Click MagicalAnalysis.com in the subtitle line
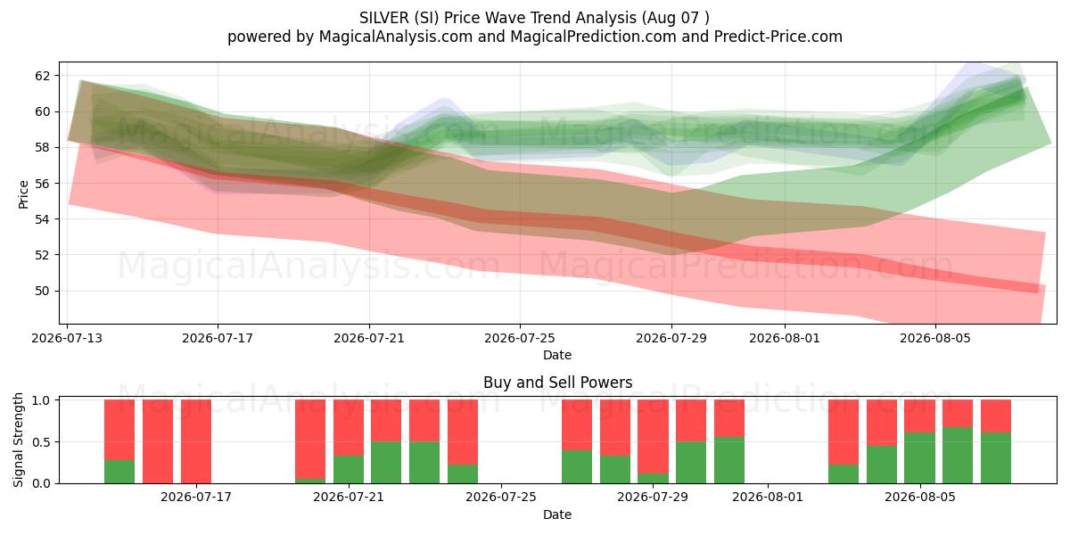click(396, 37)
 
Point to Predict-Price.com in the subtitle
click(778, 37)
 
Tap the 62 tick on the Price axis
click(42, 76)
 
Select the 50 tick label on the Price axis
click(42, 291)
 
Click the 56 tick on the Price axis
click(42, 184)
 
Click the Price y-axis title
click(23, 194)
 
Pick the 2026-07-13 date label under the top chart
click(67, 338)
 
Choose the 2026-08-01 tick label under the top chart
click(785, 338)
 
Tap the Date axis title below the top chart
click(557, 355)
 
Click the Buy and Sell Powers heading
click(557, 383)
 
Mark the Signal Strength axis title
click(18, 440)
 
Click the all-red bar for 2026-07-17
click(196, 441)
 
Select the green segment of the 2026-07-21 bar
click(349, 470)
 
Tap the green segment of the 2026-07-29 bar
click(653, 478)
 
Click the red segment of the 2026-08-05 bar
click(919, 416)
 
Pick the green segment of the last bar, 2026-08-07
click(996, 458)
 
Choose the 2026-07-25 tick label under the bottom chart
click(501, 498)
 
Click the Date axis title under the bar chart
click(557, 514)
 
